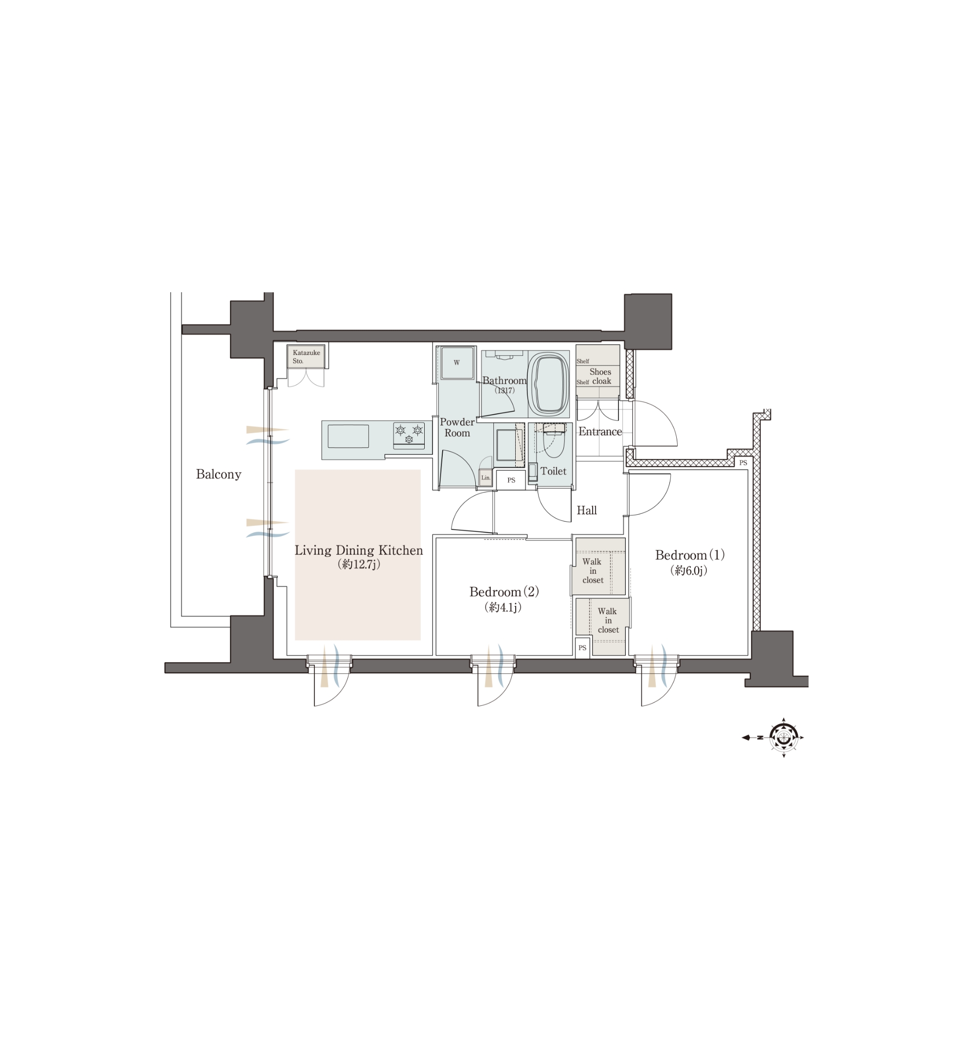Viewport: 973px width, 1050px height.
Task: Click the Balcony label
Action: (x=218, y=474)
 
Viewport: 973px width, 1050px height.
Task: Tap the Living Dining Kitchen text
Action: (x=359, y=551)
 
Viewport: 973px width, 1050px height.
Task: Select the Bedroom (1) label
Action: (x=690, y=555)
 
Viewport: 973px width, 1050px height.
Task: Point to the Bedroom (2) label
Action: (x=504, y=592)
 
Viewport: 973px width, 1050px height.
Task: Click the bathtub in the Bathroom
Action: (x=549, y=384)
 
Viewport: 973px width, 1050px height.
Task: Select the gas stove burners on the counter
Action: (x=409, y=436)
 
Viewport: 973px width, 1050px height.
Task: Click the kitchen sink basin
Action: (x=348, y=436)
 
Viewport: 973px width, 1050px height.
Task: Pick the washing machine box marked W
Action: (x=457, y=363)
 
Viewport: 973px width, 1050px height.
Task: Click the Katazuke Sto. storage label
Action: (x=306, y=357)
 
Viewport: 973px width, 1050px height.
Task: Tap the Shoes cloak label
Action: (x=601, y=376)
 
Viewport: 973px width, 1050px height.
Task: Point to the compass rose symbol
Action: (x=783, y=737)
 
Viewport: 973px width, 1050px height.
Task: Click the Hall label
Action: (x=587, y=510)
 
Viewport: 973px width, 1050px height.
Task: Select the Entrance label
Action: (x=600, y=431)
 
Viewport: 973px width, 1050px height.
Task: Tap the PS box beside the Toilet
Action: (x=511, y=480)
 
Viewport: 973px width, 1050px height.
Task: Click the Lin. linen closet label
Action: (x=486, y=478)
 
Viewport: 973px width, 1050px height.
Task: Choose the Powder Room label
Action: (x=457, y=427)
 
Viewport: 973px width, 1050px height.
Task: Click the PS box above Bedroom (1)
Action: (x=742, y=463)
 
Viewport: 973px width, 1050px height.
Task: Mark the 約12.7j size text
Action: (x=359, y=564)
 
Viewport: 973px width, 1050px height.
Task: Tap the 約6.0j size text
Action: (x=689, y=570)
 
